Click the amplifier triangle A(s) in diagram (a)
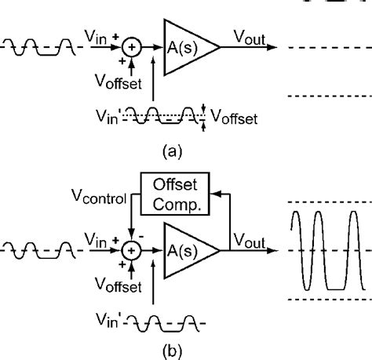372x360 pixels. coord(186,47)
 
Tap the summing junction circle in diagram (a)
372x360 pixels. coord(131,47)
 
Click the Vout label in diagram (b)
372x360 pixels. coord(249,241)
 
